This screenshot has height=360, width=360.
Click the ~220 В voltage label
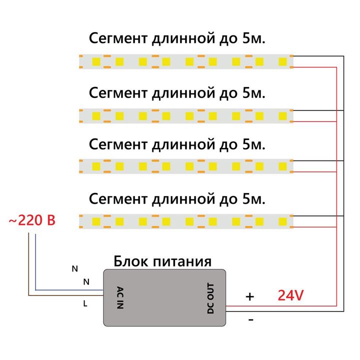click(x=31, y=220)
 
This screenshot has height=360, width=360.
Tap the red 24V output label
click(x=290, y=295)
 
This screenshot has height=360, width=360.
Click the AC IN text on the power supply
click(x=119, y=298)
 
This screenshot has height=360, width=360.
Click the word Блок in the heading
click(x=131, y=261)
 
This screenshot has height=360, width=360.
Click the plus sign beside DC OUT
click(x=249, y=296)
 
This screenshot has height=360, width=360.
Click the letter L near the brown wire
click(x=85, y=302)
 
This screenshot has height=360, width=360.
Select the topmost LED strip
click(x=185, y=61)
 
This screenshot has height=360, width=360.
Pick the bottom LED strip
click(x=185, y=220)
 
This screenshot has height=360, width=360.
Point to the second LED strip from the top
click(x=185, y=116)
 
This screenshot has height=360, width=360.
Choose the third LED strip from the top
click(x=185, y=166)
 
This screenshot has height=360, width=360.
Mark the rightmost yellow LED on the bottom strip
click(x=283, y=220)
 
